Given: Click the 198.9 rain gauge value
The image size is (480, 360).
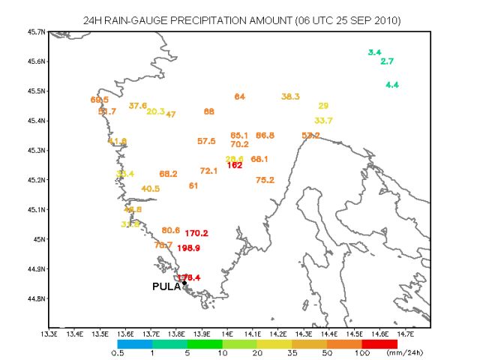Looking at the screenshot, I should (188, 247).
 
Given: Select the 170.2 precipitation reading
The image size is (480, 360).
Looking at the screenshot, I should (196, 233).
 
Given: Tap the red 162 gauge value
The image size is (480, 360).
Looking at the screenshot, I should (235, 165).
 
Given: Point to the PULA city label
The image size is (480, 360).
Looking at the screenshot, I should (166, 286).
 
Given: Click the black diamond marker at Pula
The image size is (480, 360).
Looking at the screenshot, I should (184, 283).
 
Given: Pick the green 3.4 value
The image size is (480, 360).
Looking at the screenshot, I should (375, 52).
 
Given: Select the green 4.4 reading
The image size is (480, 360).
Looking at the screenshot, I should (392, 85).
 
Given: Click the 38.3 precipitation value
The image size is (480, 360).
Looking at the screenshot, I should (291, 97).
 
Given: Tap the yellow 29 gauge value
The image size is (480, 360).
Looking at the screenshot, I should (323, 106).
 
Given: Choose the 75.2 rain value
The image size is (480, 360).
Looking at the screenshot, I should (265, 180).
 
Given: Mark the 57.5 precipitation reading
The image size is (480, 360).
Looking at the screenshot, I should (206, 141).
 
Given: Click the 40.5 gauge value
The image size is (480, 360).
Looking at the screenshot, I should (150, 188).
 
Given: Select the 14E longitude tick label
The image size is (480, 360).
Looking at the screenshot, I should (227, 334).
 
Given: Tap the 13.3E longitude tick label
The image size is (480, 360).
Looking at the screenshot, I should (49, 334).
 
